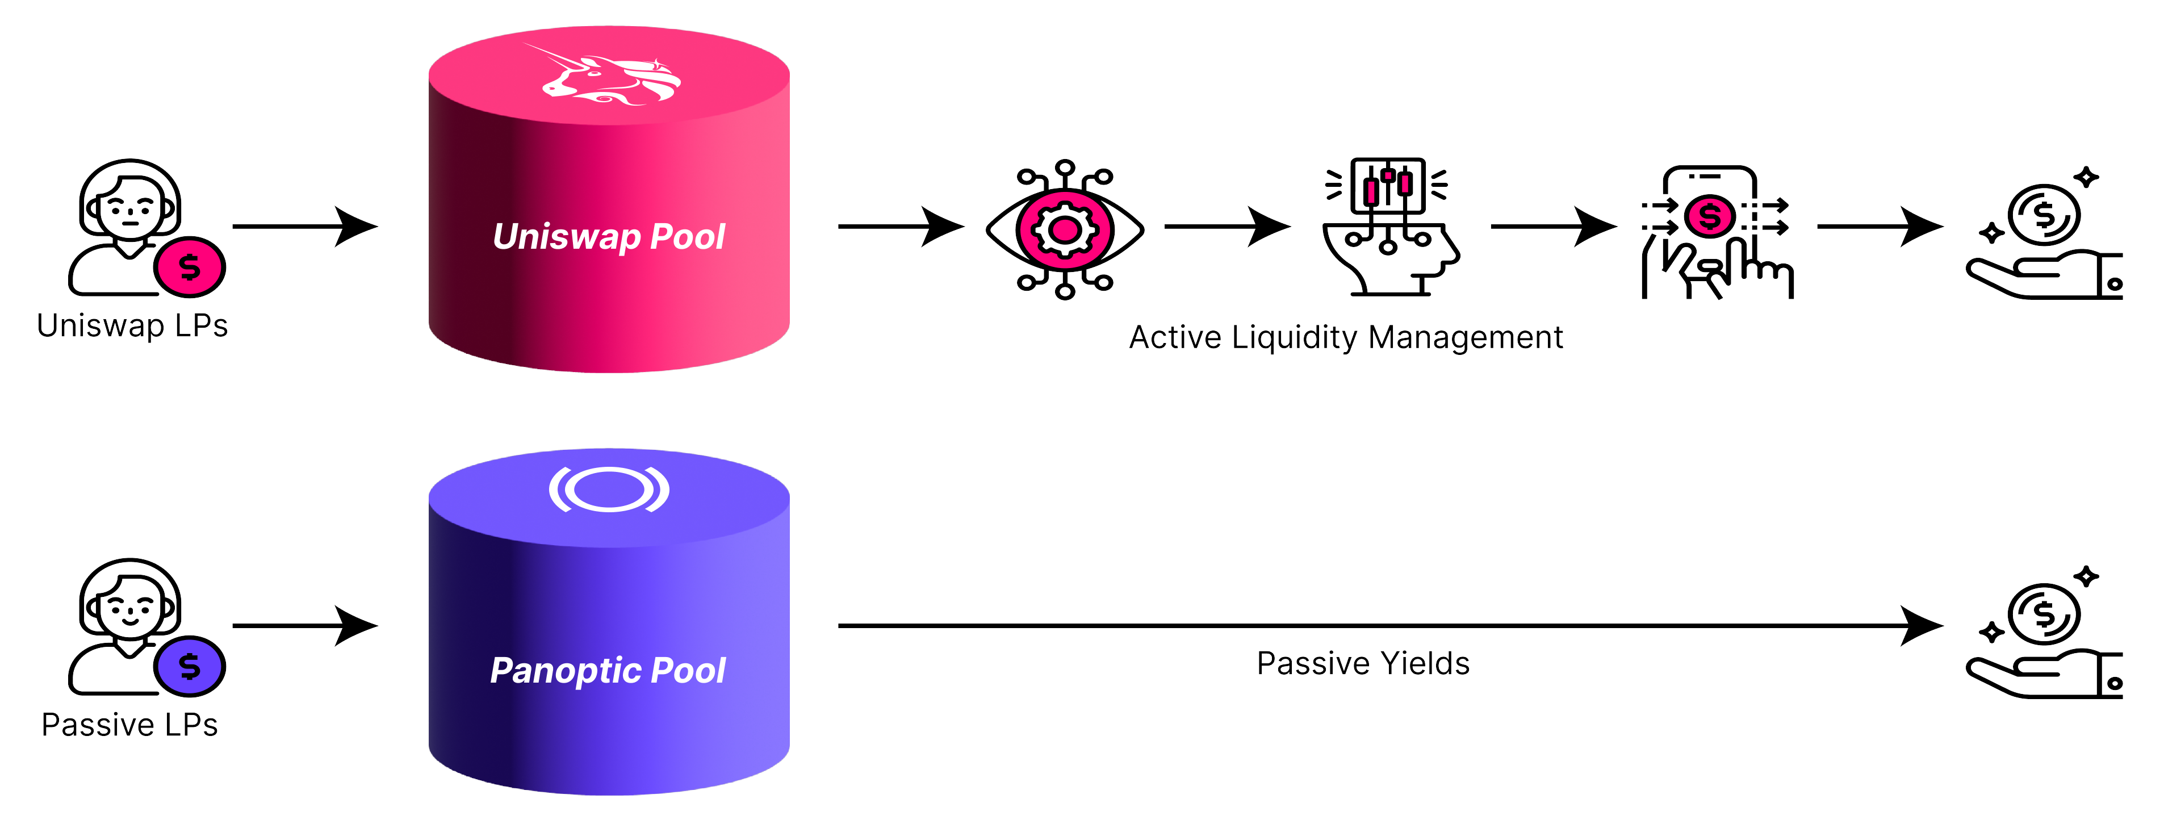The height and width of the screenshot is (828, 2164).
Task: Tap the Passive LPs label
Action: (x=129, y=725)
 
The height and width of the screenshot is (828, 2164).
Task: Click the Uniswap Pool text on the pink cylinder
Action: (x=609, y=237)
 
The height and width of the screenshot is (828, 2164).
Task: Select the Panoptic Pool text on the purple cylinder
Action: (x=608, y=670)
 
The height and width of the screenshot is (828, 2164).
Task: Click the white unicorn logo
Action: (x=611, y=77)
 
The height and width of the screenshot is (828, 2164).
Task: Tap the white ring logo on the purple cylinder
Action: (x=609, y=490)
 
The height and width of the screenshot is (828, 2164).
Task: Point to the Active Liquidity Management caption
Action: (x=1346, y=337)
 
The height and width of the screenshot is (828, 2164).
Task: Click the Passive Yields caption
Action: (x=1363, y=663)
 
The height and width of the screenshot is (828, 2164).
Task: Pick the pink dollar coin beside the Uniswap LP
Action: (x=190, y=267)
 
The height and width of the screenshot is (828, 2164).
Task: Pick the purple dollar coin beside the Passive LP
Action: (x=190, y=667)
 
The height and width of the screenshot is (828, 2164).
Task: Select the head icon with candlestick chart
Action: (x=1389, y=227)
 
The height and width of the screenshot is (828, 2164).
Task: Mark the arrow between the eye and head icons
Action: (x=1227, y=227)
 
